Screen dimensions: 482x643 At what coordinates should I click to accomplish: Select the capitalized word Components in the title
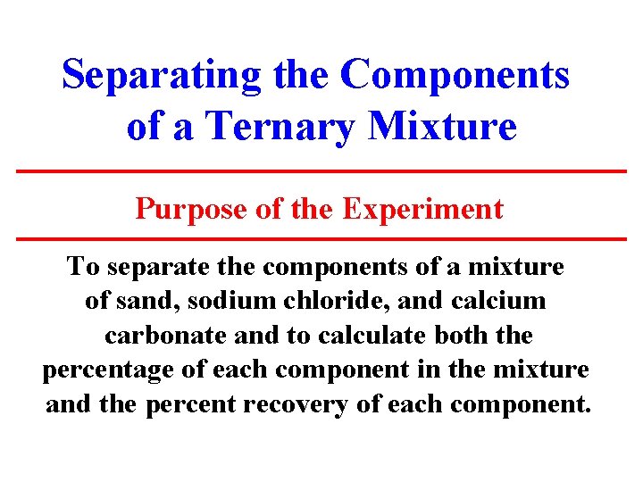pos(455,75)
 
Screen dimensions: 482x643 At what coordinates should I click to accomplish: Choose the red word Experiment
pos(422,209)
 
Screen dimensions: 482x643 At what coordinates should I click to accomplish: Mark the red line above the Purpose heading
pos(321,170)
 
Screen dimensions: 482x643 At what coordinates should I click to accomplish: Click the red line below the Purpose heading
pos(321,239)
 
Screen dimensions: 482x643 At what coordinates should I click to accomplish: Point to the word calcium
pos(501,301)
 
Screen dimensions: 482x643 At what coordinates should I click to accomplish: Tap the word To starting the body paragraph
pos(83,266)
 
